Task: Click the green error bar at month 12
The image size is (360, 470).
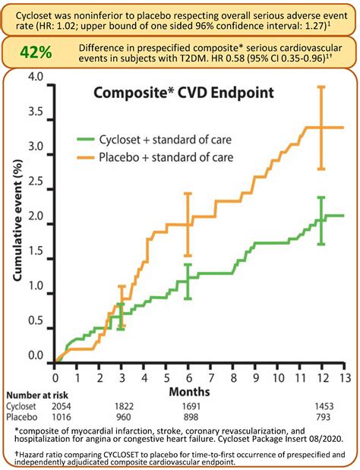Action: point(321,220)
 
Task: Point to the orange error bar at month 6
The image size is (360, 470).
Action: point(188,224)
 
